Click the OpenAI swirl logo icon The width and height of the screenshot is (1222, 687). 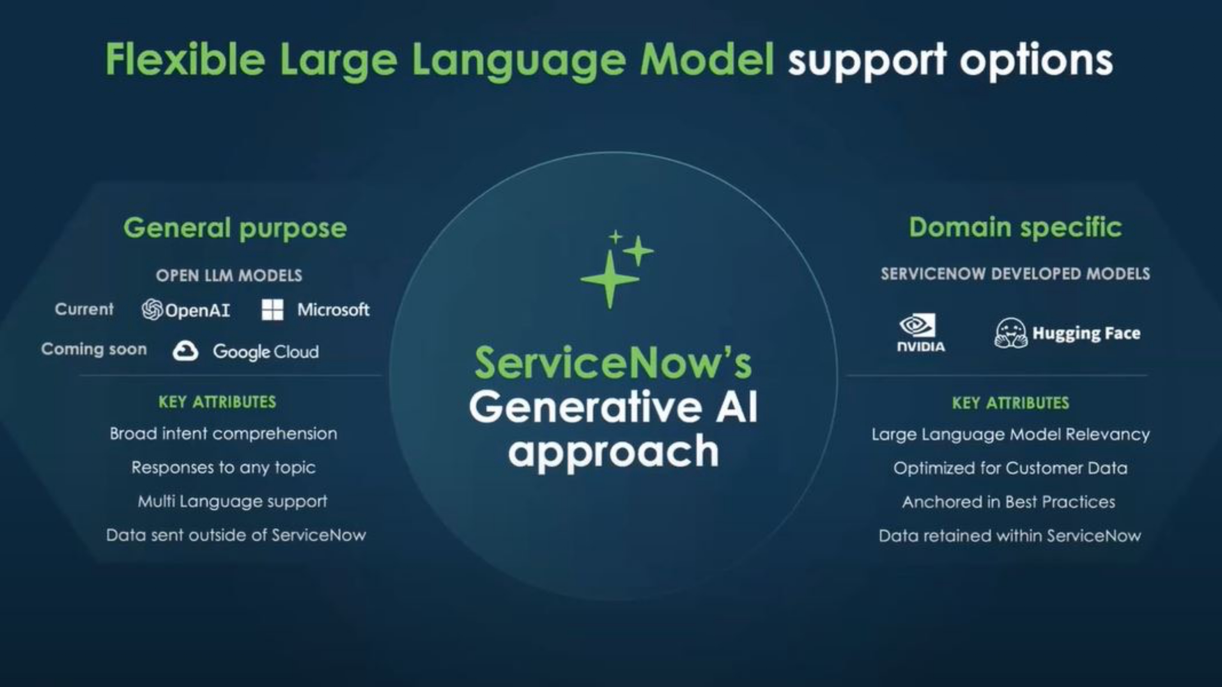(152, 310)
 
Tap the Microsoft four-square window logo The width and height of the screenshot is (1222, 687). (272, 310)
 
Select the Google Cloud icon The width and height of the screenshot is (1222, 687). (185, 351)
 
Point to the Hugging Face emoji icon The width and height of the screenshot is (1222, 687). (1010, 333)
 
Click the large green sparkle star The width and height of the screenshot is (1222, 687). (610, 280)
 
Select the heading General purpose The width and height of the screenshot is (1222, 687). (235, 228)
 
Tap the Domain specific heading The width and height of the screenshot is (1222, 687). (1015, 227)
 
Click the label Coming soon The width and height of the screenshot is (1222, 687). (94, 349)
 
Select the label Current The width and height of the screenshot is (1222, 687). (84, 309)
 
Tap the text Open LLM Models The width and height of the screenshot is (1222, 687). (229, 275)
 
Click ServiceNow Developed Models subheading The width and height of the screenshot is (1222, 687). (1015, 274)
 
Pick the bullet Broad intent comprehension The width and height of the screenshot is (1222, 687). (224, 434)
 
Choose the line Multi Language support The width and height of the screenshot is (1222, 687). (232, 501)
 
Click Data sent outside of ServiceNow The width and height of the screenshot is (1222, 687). (236, 535)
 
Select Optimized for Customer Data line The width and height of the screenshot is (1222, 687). (1010, 469)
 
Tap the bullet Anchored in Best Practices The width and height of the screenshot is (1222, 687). (1009, 502)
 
